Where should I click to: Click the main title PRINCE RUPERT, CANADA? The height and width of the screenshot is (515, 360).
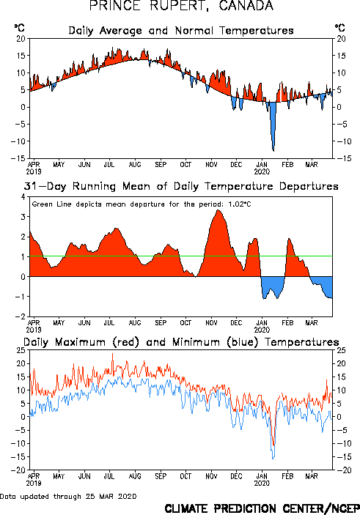181,6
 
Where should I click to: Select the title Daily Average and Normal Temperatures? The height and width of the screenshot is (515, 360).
181,31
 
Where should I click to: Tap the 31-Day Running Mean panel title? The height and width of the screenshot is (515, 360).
181,186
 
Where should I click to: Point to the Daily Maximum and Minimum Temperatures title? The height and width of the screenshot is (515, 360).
181,342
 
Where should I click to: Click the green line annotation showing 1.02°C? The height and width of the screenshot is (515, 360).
142,204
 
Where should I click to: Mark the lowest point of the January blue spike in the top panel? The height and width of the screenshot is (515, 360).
273,151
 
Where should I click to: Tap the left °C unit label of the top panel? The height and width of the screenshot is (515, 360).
19,28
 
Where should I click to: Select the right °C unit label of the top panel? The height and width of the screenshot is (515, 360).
340,28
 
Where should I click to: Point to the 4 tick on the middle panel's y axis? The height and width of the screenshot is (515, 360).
23,197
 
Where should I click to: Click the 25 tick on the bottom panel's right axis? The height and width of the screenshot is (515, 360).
341,350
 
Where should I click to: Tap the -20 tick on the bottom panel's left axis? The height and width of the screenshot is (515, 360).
18,470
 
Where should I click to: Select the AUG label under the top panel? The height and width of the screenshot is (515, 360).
135,164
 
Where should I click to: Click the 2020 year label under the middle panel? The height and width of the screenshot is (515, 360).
262,330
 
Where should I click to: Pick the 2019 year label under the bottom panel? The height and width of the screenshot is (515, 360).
34,483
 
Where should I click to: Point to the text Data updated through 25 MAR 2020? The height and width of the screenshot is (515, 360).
68,496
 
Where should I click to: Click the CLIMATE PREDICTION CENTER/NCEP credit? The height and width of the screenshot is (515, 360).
262,508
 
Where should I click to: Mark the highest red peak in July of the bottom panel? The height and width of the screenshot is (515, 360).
112,354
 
